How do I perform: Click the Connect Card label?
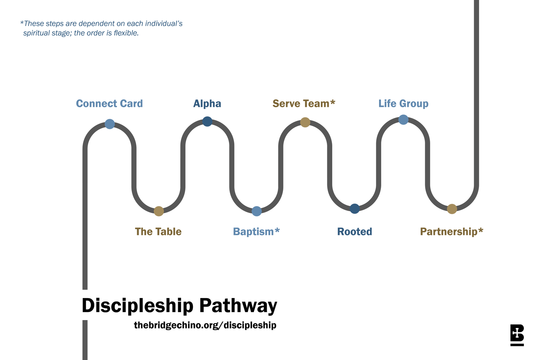[x=109, y=104]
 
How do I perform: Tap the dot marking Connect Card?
[x=110, y=124]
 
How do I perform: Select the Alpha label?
[x=207, y=104]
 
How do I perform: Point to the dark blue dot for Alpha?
[x=207, y=121]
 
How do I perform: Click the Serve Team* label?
[x=304, y=104]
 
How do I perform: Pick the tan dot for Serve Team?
[x=305, y=122]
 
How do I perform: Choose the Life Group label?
[x=403, y=104]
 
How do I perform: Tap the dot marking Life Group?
[x=403, y=120]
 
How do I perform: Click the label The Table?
[x=158, y=231]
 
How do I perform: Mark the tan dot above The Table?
[x=159, y=211]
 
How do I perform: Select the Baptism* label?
[x=256, y=231]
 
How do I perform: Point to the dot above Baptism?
[x=256, y=211]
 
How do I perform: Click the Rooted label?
[x=355, y=231]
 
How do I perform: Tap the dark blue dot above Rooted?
[x=355, y=208]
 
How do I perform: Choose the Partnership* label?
[x=451, y=231]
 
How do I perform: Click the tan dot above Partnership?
[x=452, y=209]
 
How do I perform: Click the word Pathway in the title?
[x=238, y=306]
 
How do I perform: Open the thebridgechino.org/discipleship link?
[x=205, y=325]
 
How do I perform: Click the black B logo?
[x=517, y=335]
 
